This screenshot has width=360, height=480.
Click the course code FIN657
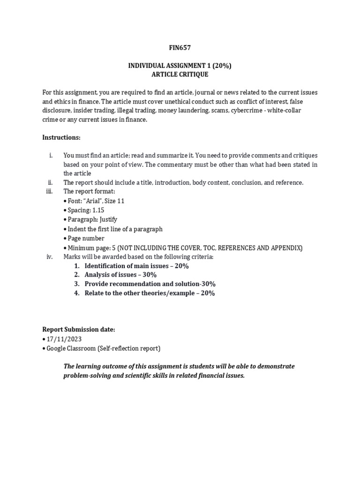click(x=180, y=47)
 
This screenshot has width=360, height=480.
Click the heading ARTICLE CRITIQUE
click(x=180, y=75)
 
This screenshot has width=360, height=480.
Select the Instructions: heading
click(x=61, y=137)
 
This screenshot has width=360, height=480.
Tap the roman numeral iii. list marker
click(x=50, y=191)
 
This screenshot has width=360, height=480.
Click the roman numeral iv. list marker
click(x=50, y=256)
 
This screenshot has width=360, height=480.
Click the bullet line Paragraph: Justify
click(x=91, y=219)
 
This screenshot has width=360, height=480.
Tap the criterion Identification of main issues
click(x=129, y=266)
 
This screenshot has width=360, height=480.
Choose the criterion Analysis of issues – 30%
click(x=120, y=275)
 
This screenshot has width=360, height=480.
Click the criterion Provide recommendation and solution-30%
click(x=143, y=284)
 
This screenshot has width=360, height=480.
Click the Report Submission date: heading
click(x=79, y=330)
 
